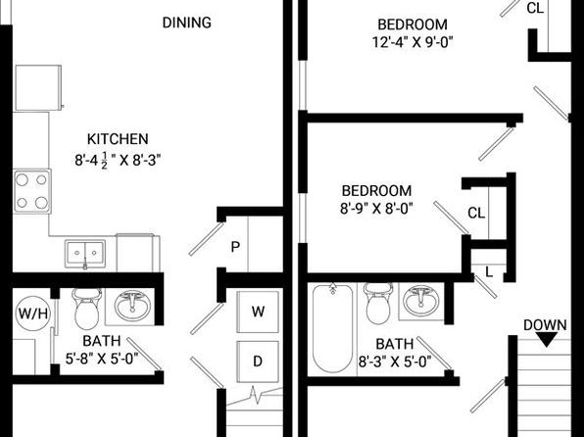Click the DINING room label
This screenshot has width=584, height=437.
pyautogui.click(x=186, y=23)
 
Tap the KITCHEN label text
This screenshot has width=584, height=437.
pyautogui.click(x=118, y=139)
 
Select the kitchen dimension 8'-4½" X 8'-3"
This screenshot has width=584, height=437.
pyautogui.click(x=118, y=161)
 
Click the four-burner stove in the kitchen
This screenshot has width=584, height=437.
pyautogui.click(x=32, y=191)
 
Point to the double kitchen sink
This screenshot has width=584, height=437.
pyautogui.click(x=85, y=254)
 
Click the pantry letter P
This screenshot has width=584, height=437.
pyautogui.click(x=235, y=247)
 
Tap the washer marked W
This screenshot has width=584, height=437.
pyautogui.click(x=258, y=312)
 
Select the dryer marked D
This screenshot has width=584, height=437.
pyautogui.click(x=258, y=362)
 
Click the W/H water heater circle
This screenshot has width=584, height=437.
pyautogui.click(x=33, y=314)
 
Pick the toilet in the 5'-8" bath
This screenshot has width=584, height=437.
pyautogui.click(x=87, y=309)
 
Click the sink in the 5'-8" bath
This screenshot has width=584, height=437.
pyautogui.click(x=132, y=306)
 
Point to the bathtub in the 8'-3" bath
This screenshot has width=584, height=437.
pyautogui.click(x=332, y=328)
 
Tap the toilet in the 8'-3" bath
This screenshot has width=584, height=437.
pyautogui.click(x=378, y=304)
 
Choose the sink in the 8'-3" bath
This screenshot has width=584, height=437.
pyautogui.click(x=421, y=300)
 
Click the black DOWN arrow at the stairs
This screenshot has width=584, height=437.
pyautogui.click(x=546, y=339)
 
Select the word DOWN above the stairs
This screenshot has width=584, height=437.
pyautogui.click(x=545, y=325)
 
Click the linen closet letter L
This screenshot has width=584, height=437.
pyautogui.click(x=489, y=272)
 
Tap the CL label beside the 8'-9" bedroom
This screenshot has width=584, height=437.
pyautogui.click(x=476, y=213)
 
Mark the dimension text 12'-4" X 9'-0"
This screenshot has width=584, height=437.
pyautogui.click(x=413, y=42)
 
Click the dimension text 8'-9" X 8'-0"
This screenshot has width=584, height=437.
pyautogui.click(x=376, y=209)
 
